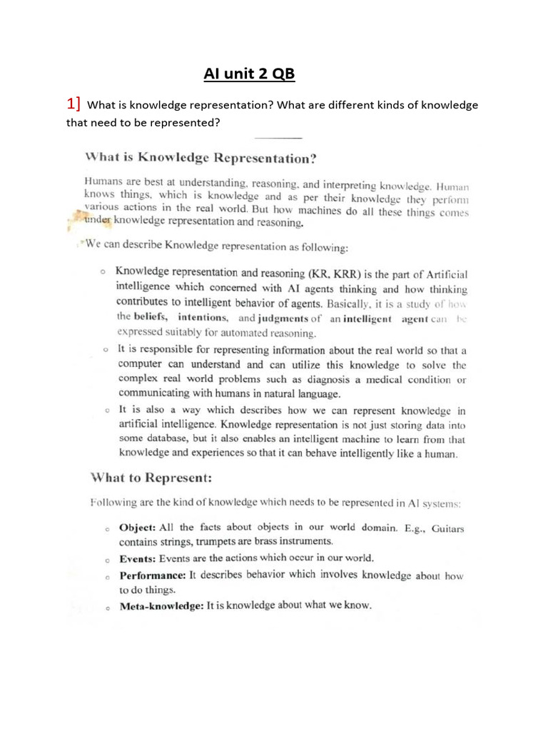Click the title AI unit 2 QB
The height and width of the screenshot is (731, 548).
click(245, 75)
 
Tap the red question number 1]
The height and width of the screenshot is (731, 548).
click(73, 104)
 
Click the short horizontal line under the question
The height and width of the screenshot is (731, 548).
click(278, 138)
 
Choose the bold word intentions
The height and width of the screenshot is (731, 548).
click(203, 317)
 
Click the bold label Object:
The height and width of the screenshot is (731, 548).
click(137, 528)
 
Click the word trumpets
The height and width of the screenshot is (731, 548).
click(208, 542)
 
